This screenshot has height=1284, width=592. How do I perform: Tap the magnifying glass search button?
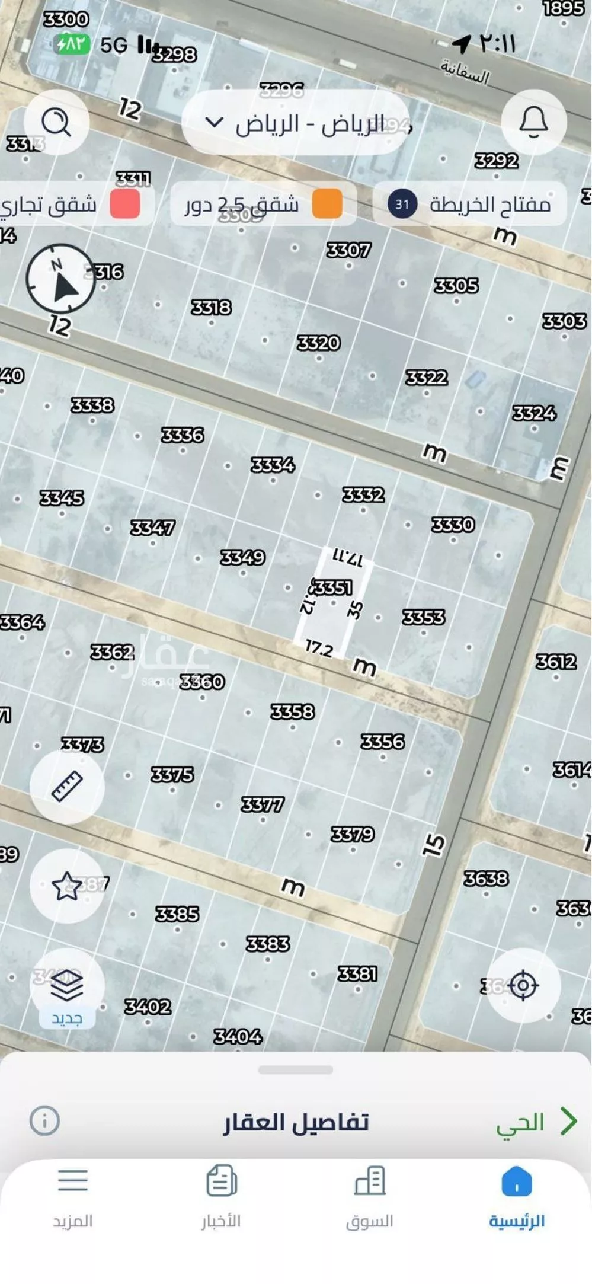click(x=56, y=123)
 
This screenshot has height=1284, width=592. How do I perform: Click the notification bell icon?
click(x=533, y=122)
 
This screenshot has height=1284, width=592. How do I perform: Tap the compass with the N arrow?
click(x=60, y=279)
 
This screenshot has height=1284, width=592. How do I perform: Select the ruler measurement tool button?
click(x=67, y=787)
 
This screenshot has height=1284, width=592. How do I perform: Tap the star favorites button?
click(x=67, y=886)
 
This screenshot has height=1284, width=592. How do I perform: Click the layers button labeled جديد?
click(x=67, y=987)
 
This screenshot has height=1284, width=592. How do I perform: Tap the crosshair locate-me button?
click(x=523, y=986)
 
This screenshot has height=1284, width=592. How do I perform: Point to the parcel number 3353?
click(x=423, y=617)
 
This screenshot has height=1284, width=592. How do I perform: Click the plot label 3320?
click(x=319, y=343)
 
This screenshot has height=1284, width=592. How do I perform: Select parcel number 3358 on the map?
click(x=292, y=711)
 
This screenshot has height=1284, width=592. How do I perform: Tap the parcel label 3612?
click(x=556, y=662)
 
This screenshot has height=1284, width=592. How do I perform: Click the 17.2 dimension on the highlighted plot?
click(x=319, y=649)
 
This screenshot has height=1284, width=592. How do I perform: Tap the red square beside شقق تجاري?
click(x=125, y=205)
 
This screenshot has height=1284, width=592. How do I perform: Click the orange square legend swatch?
click(x=327, y=205)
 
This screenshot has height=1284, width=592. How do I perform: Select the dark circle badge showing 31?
click(x=402, y=205)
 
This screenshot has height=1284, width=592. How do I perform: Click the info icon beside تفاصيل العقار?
click(x=45, y=1120)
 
